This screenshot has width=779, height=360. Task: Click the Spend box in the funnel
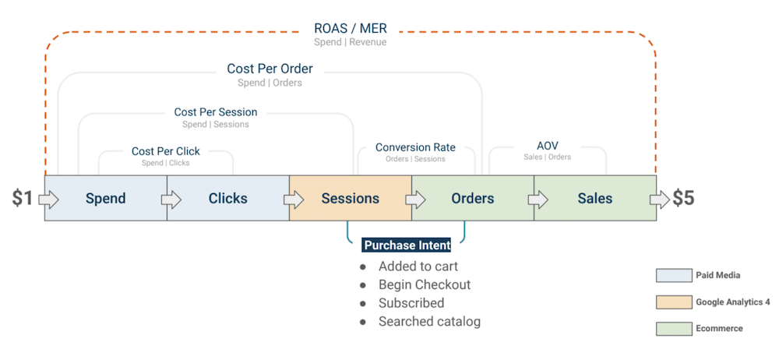pyautogui.click(x=105, y=199)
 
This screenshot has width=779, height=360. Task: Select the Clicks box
pyautogui.click(x=227, y=199)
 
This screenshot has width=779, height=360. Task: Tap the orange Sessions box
pyautogui.click(x=350, y=199)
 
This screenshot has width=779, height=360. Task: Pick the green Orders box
pyautogui.click(x=472, y=199)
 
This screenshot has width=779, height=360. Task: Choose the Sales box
pyautogui.click(x=594, y=199)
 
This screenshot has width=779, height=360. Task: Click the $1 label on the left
pyautogui.click(x=23, y=199)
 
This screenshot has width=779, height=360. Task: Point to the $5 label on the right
pyautogui.click(x=683, y=199)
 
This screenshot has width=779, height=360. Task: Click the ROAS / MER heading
pyautogui.click(x=350, y=29)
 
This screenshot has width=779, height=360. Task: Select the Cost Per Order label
pyautogui.click(x=270, y=69)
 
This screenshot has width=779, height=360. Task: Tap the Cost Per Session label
pyautogui.click(x=216, y=112)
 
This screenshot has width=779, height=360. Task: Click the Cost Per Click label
pyautogui.click(x=165, y=151)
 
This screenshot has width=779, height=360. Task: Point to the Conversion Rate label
pyautogui.click(x=415, y=147)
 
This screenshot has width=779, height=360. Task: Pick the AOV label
pyautogui.click(x=547, y=146)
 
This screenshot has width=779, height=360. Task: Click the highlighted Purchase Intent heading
pyautogui.click(x=407, y=245)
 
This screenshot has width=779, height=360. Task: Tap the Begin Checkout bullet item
pyautogui.click(x=425, y=285)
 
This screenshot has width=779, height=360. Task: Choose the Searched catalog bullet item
pyautogui.click(x=429, y=321)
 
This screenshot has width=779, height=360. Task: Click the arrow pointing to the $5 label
pyautogui.click(x=661, y=200)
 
